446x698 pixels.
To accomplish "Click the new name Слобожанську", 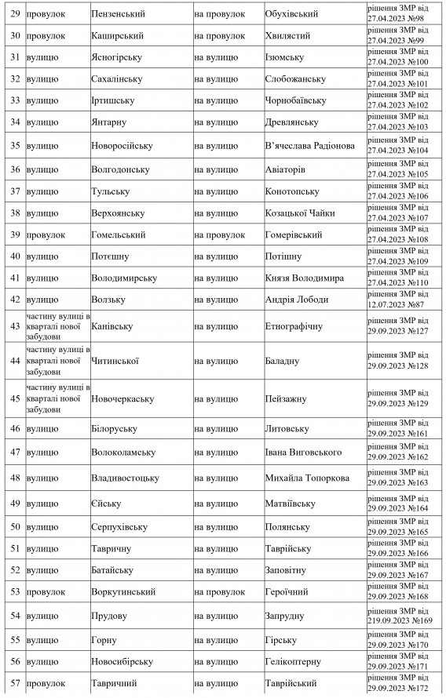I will click(295, 79).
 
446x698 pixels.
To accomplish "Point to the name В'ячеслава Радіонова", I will click(310, 146).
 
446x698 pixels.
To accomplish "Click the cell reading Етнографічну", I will click(294, 325).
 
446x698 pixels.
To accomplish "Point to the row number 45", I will click(13, 398).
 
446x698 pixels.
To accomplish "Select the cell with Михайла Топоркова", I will click(306, 478).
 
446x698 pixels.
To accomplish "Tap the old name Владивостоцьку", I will click(126, 478).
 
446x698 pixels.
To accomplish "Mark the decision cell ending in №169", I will click(400, 616).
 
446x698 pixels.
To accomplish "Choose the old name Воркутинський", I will click(123, 591).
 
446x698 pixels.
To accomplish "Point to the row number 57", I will click(13, 684).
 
